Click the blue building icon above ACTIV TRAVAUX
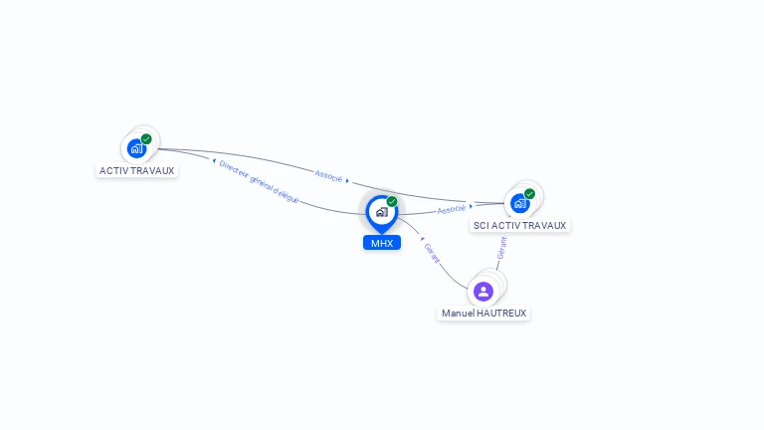click(137, 148)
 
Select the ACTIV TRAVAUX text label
click(137, 170)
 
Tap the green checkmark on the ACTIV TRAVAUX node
click(146, 139)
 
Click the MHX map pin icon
click(382, 214)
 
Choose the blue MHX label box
click(382, 243)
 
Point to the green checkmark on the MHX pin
click(392, 202)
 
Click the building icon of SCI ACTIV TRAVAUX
click(520, 203)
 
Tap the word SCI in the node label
click(480, 226)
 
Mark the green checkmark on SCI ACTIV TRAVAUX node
click(529, 194)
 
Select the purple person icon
click(483, 292)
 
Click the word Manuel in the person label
click(457, 313)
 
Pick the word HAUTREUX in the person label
click(501, 313)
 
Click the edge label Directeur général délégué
click(259, 181)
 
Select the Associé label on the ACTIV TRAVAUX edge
click(328, 176)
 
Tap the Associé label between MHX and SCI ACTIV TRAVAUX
click(452, 209)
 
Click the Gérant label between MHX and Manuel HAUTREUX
click(432, 253)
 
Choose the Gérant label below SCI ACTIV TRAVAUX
click(501, 248)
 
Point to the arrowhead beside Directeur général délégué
click(214, 160)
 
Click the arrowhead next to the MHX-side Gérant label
click(422, 239)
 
